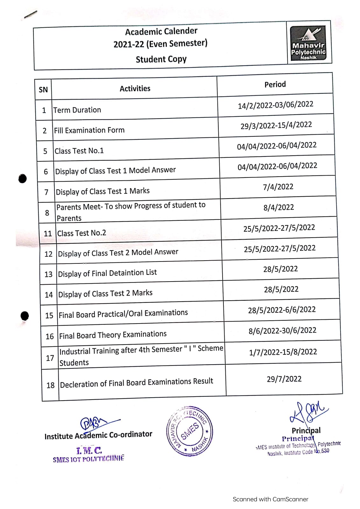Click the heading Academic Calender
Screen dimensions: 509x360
point(161,31)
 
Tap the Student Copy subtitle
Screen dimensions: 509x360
point(161,59)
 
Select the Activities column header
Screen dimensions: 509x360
point(135,88)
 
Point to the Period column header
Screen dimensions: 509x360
point(275,84)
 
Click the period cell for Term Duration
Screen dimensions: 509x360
point(276,105)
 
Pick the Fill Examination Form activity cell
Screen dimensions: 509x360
point(89,130)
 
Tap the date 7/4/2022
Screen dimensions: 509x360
point(278,187)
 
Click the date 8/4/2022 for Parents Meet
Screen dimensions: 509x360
point(279,207)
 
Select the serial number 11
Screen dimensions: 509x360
point(48,234)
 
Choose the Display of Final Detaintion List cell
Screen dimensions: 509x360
point(108,273)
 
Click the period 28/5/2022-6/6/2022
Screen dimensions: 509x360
point(282,310)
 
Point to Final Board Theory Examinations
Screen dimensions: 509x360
point(113,335)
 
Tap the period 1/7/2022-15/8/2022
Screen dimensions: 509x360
point(283,352)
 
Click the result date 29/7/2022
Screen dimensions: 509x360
point(284,379)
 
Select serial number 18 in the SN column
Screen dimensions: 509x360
point(51,386)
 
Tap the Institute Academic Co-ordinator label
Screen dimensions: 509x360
point(98,435)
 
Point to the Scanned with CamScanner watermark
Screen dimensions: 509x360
point(270,499)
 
